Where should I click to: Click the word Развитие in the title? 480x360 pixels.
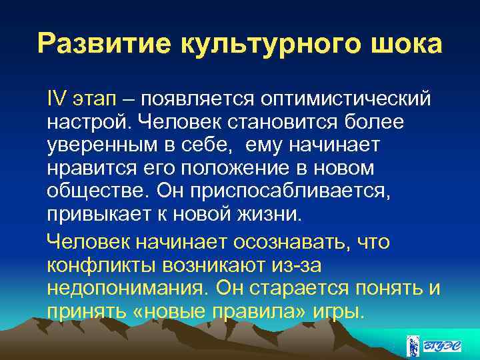tap(101, 44)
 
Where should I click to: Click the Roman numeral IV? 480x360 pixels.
tap(56, 99)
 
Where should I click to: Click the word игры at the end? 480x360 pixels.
tap(340, 311)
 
